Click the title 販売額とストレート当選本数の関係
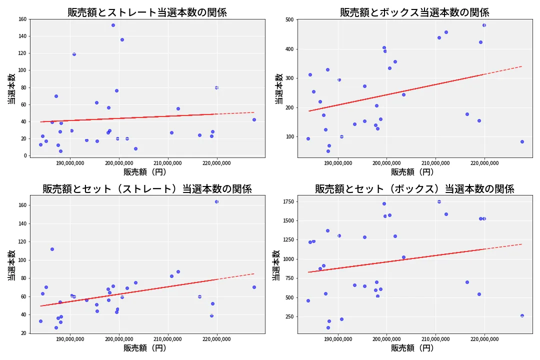tap(147, 12)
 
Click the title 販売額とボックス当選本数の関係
tap(414, 12)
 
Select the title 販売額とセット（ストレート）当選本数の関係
tap(147, 189)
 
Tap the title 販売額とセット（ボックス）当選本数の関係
tap(414, 189)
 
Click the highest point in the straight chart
tap(113, 25)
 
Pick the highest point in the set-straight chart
tap(216, 201)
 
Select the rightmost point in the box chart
tap(522, 141)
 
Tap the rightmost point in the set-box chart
tap(522, 315)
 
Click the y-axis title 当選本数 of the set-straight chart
tap(11, 265)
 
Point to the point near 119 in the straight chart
tap(74, 54)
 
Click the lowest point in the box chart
tap(328, 151)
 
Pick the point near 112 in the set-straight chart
tap(52, 249)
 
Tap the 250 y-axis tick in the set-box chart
tap(287, 316)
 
